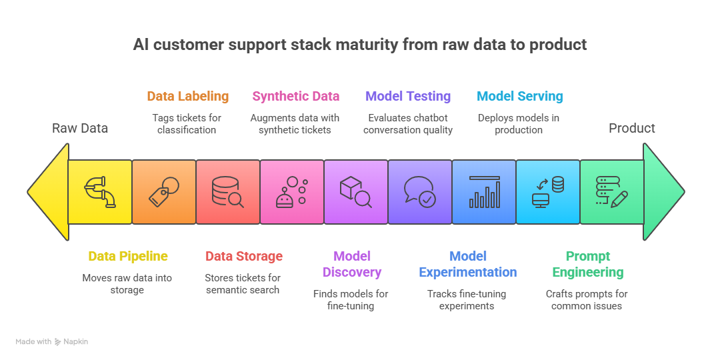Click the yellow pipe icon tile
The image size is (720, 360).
click(100, 191)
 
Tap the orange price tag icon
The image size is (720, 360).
click(164, 191)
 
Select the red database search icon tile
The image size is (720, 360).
click(228, 191)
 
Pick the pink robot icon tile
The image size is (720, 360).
click(292, 191)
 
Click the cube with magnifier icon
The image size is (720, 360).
click(356, 191)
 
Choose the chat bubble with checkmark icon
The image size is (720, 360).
click(420, 191)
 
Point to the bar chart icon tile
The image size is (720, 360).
click(484, 191)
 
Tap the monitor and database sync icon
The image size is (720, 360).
click(548, 191)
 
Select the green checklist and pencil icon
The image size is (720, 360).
click(611, 191)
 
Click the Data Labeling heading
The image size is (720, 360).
click(187, 96)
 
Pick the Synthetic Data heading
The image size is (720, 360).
click(295, 96)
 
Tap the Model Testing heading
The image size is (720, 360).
click(408, 96)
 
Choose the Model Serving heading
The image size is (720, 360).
click(519, 96)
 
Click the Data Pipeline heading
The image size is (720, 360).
click(127, 256)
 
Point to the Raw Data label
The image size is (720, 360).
click(80, 128)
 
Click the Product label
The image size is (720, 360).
click(631, 128)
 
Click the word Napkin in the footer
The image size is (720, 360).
click(75, 342)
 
